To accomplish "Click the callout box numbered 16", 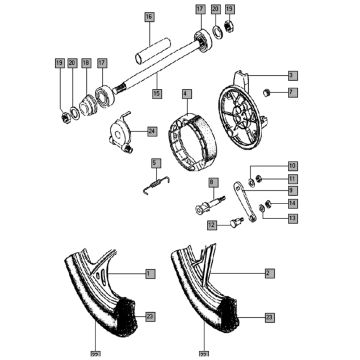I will (x=149, y=18).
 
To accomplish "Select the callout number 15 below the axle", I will (x=155, y=93).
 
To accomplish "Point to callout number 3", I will (x=291, y=75).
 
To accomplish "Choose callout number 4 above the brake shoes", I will (x=185, y=94).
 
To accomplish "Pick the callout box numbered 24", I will (x=151, y=130).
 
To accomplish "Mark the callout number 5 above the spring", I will (x=155, y=163).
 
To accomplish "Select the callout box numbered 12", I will (x=212, y=226).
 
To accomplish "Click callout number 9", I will (x=292, y=190).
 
